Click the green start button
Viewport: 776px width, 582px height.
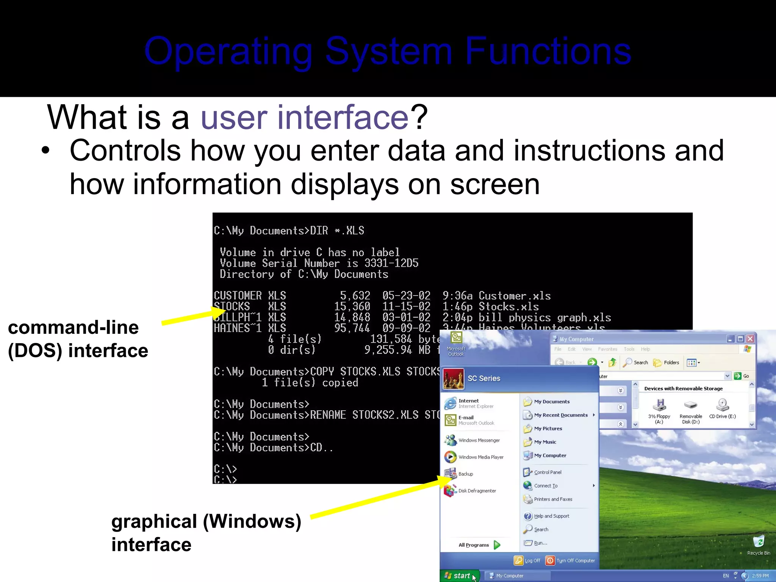[x=459, y=576]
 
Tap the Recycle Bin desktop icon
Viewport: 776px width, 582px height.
[x=759, y=542]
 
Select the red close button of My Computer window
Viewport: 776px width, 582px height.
[x=750, y=339]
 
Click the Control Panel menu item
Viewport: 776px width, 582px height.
[x=548, y=472]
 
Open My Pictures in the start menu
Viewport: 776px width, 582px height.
[x=548, y=429]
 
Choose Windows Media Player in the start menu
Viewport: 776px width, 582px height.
[x=480, y=457]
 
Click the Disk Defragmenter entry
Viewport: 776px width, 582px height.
[x=477, y=491]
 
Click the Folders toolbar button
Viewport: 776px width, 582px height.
[x=666, y=363]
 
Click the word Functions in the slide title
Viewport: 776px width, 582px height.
[x=548, y=51]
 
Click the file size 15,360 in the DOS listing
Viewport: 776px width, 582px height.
[x=352, y=307]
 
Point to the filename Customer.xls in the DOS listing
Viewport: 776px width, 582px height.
[x=515, y=296]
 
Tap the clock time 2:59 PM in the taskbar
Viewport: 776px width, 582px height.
[x=760, y=576]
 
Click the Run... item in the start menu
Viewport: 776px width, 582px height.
[x=540, y=543]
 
